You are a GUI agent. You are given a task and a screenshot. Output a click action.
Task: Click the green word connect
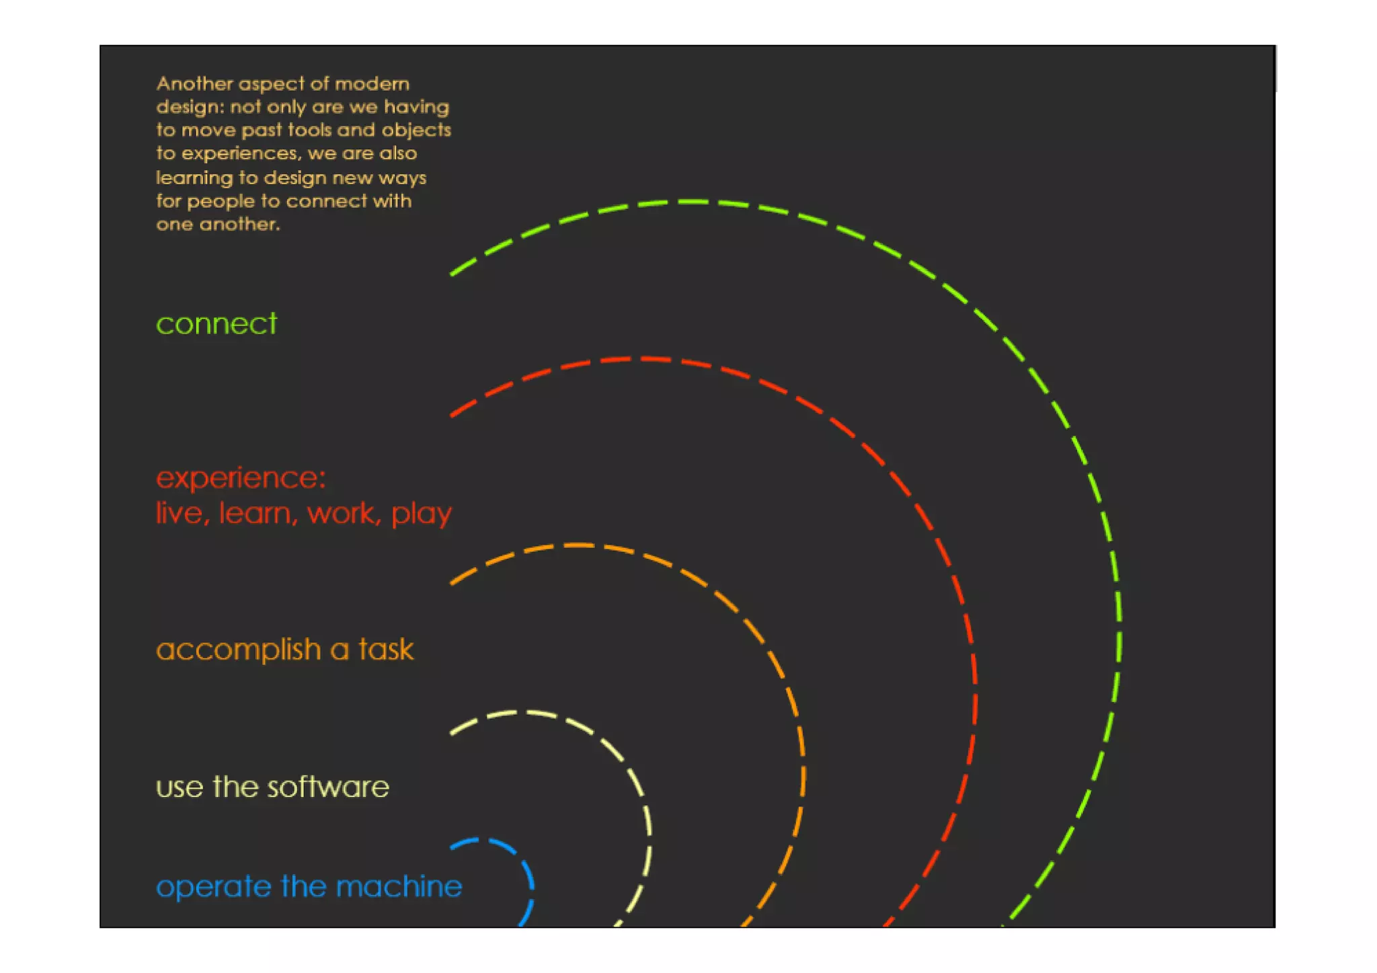(x=216, y=324)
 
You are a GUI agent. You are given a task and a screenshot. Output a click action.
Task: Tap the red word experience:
(x=241, y=478)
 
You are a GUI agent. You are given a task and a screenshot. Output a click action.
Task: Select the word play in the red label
(x=422, y=514)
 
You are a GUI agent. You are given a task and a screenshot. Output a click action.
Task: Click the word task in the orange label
(x=386, y=650)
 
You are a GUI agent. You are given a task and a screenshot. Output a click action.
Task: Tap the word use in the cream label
(x=180, y=787)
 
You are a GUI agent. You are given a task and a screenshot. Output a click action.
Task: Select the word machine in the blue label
(x=399, y=886)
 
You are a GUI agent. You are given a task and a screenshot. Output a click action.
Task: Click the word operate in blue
(x=215, y=888)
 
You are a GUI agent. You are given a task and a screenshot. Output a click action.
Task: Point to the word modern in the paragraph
(x=372, y=83)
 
